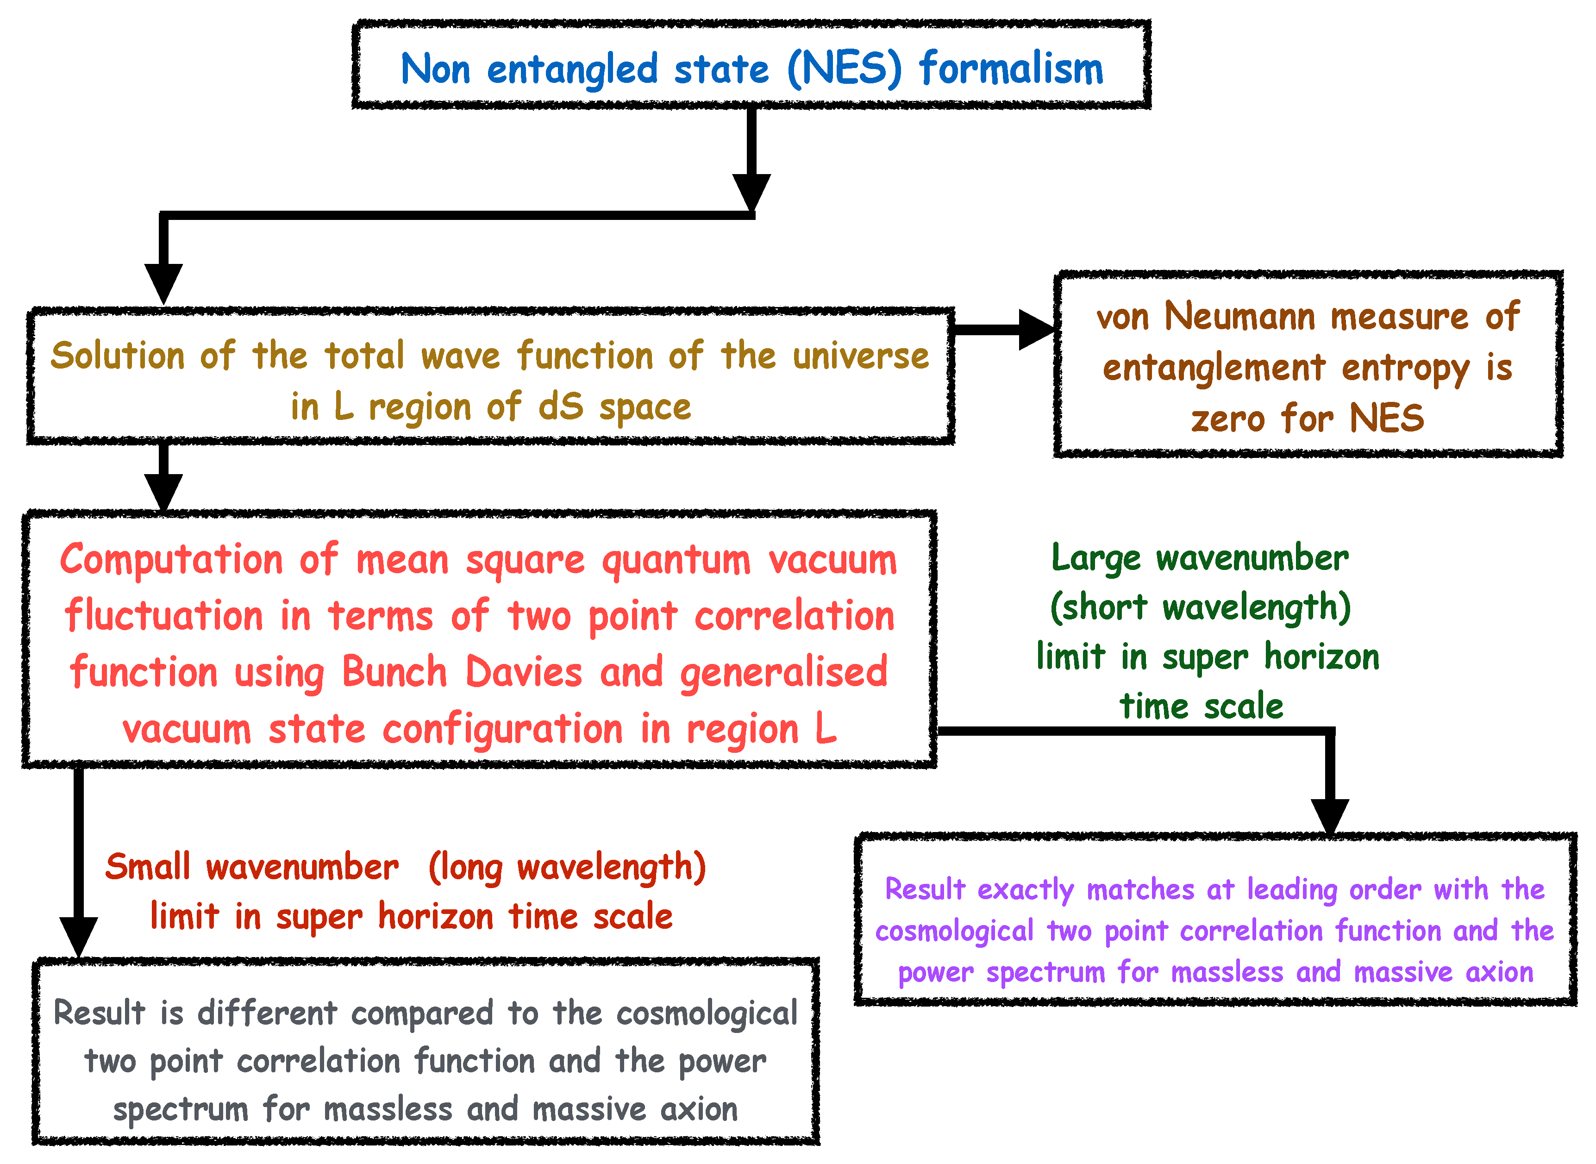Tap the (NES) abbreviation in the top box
click(844, 69)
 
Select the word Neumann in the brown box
click(1239, 316)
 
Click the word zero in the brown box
click(1227, 419)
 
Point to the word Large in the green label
click(1095, 559)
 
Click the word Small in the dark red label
click(148, 867)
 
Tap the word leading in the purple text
click(1292, 890)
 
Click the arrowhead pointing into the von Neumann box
click(1036, 330)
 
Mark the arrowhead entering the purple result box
click(1330, 816)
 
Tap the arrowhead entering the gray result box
click(78, 936)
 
